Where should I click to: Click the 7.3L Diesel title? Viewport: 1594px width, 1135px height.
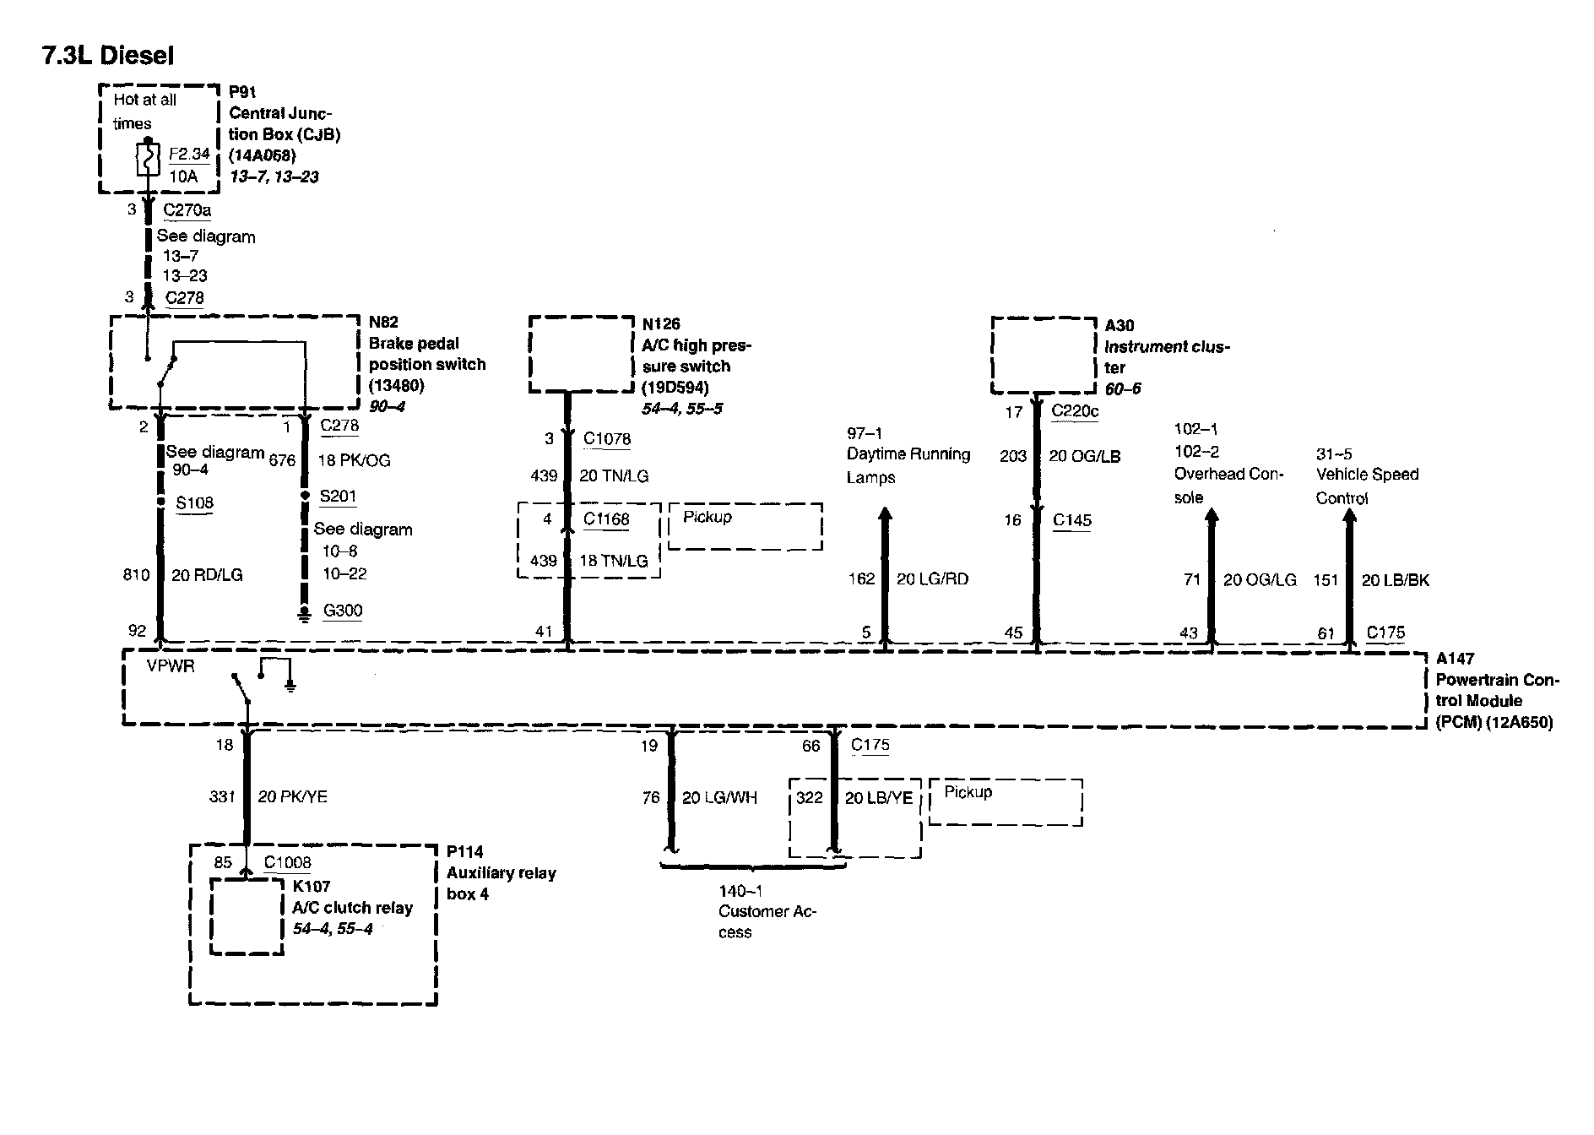point(108,56)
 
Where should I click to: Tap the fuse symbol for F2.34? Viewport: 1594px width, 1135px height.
point(148,160)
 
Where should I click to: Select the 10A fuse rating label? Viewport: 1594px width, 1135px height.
point(183,176)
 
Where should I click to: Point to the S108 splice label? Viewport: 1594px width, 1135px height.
point(194,503)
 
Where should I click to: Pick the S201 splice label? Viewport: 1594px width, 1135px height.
point(338,497)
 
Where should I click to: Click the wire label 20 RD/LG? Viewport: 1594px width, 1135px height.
point(207,575)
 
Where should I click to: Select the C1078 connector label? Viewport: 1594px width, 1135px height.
point(607,439)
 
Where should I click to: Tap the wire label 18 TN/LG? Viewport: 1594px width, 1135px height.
point(614,561)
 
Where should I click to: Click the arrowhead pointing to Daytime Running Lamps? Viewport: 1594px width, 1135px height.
point(885,514)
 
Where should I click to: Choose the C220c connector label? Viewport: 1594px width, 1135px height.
point(1075,412)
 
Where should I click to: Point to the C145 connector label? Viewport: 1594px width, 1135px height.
point(1072,520)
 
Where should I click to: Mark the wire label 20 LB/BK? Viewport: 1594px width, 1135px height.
point(1396,580)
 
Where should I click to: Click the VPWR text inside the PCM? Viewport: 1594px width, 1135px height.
point(171,666)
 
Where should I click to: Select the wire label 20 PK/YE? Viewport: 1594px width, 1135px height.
point(292,796)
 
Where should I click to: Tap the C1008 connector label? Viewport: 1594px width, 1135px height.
point(287,862)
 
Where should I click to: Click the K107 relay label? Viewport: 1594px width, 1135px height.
point(311,886)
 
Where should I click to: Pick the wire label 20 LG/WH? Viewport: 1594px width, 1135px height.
point(719,797)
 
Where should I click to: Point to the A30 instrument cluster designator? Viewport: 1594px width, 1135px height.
point(1120,325)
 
